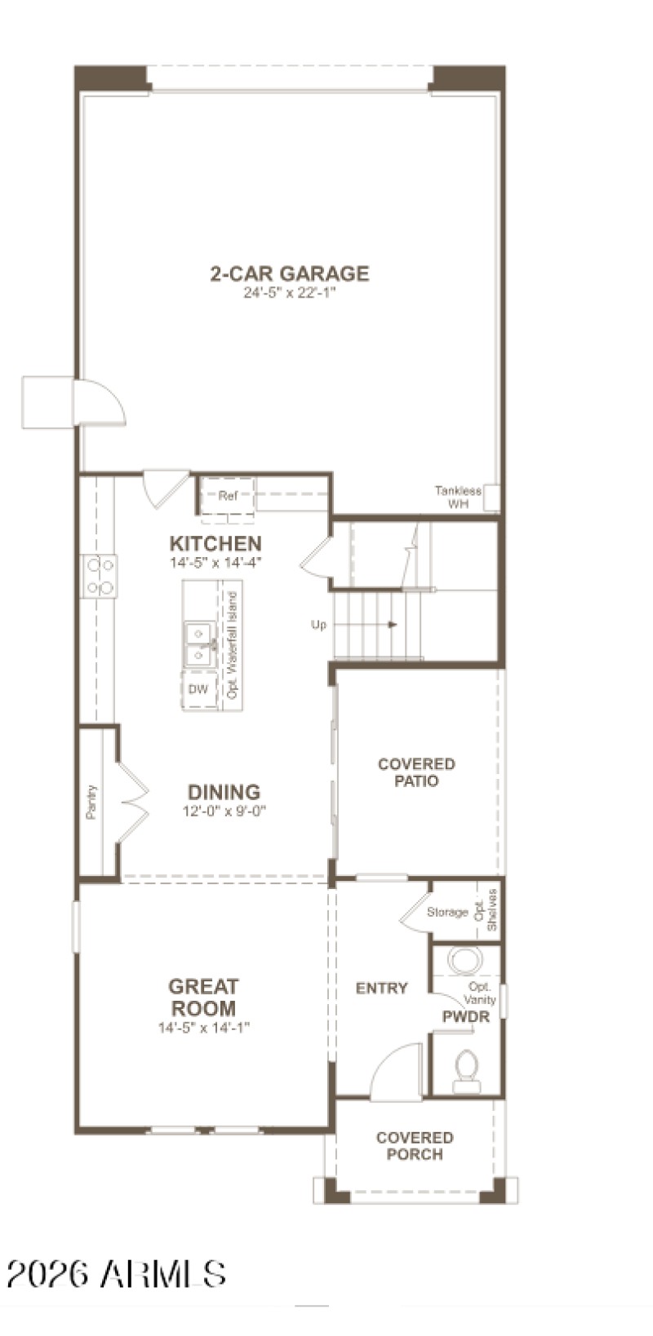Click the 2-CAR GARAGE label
tap(290, 273)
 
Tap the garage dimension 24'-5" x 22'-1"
tap(290, 294)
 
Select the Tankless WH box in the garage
tap(491, 497)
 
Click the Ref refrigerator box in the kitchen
tap(227, 496)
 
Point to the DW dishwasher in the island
tap(198, 689)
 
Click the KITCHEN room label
tap(215, 543)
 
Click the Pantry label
tap(91, 802)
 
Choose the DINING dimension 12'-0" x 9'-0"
tap(224, 811)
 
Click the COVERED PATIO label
tap(416, 772)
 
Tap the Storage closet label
tap(447, 912)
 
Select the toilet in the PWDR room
tap(468, 1069)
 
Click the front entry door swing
tap(395, 1069)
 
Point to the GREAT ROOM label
tap(203, 997)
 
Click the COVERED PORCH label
tap(415, 1145)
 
